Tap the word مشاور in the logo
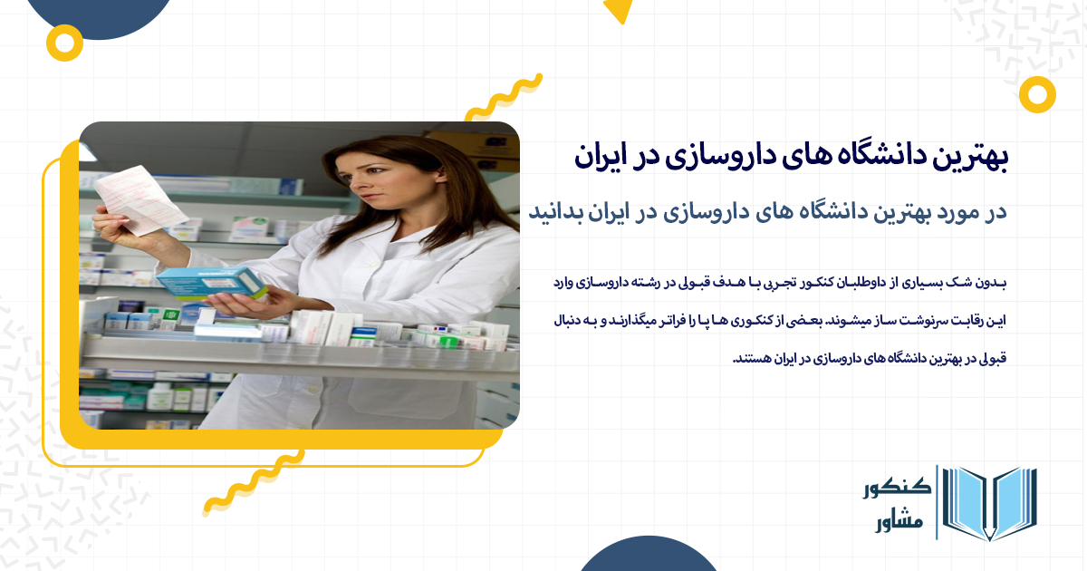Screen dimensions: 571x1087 tap(900, 523)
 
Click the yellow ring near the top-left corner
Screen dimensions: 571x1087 tap(64, 42)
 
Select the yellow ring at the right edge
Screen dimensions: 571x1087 tap(1037, 93)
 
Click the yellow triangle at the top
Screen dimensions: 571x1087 tap(618, 11)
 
